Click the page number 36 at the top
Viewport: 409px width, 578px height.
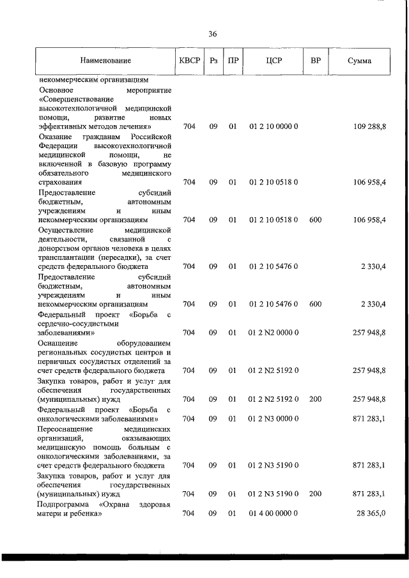click(212, 34)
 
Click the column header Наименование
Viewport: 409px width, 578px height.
click(105, 61)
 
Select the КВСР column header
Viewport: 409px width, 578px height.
click(189, 61)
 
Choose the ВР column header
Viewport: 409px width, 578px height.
click(315, 61)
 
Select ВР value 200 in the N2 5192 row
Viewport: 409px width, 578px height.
click(315, 399)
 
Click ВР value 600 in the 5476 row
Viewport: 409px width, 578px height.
click(315, 304)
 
